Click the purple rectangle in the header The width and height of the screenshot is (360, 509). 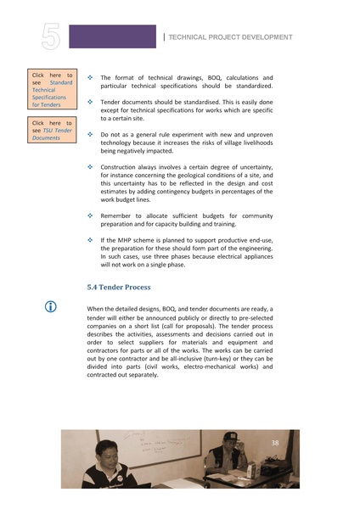(112, 36)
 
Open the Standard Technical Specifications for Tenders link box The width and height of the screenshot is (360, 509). (53, 90)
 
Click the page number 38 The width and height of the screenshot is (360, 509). (275, 443)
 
